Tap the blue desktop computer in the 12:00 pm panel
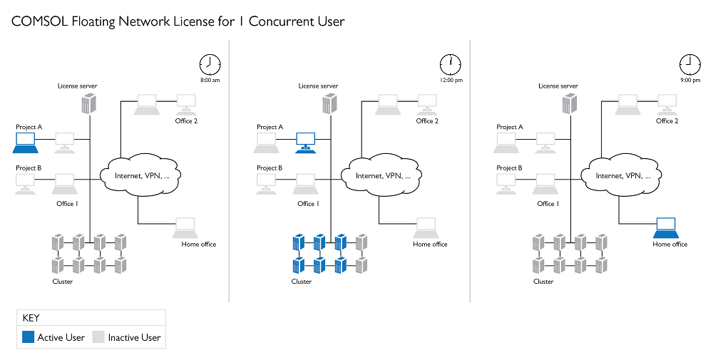tap(306, 140)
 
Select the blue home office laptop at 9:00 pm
tap(667, 228)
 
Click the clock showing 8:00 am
tap(209, 64)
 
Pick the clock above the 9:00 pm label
tap(689, 64)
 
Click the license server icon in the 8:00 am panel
tap(87, 104)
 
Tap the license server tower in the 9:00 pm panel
tap(568, 104)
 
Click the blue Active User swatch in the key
tap(29, 337)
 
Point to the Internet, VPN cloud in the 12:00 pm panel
tap(379, 175)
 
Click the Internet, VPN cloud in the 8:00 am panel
tap(138, 175)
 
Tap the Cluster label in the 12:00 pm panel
tap(302, 282)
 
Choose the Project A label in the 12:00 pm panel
tap(270, 127)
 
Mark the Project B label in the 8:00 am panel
tap(29, 168)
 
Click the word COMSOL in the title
tap(39, 21)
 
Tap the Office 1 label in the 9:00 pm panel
tap(547, 204)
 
